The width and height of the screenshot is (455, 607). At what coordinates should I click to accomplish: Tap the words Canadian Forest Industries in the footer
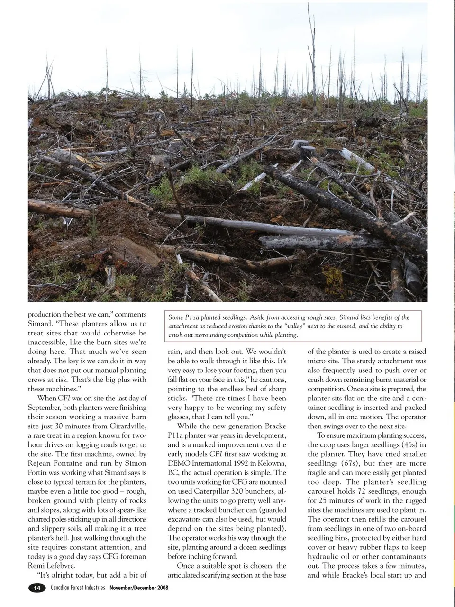pos(78,588)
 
